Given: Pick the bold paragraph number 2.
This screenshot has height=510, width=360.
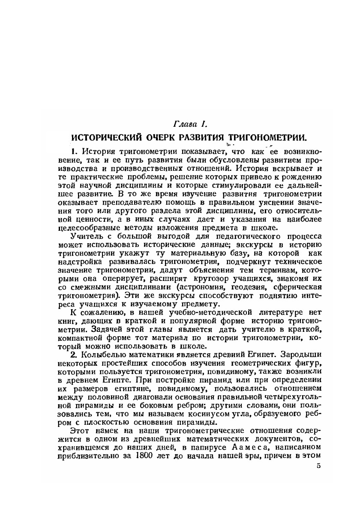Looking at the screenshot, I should tap(73, 355).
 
